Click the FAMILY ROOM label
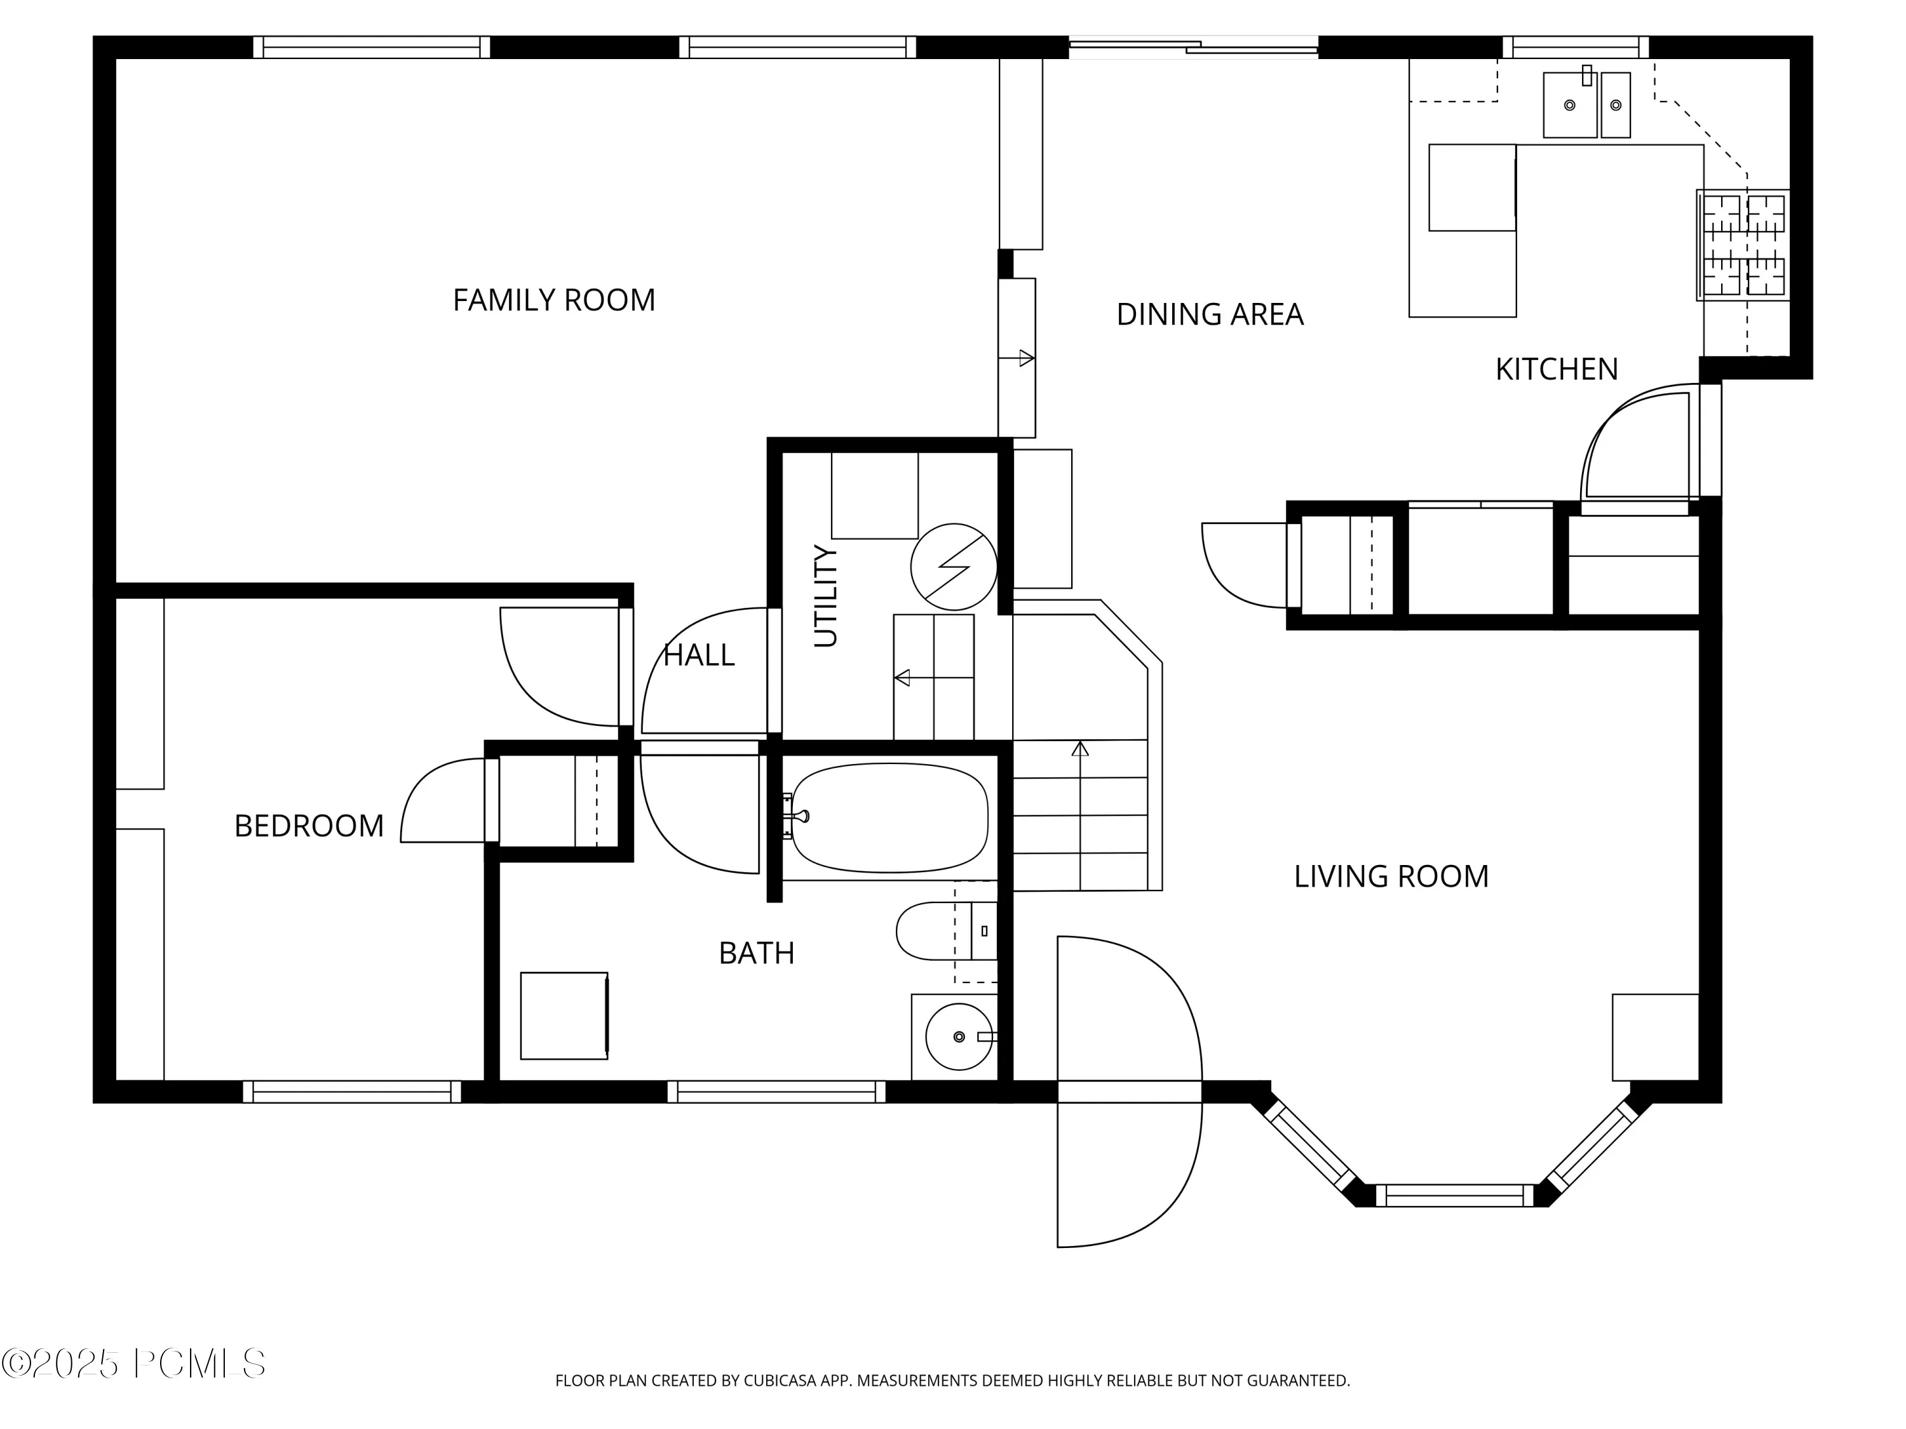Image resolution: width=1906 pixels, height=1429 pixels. point(554,300)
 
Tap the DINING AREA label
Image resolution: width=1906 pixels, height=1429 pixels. point(1210,314)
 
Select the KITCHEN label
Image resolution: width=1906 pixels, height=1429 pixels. point(1556,370)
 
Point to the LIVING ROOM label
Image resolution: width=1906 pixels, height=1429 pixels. point(1391,877)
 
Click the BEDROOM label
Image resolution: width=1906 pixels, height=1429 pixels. point(309,826)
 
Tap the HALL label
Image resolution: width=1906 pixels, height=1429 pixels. point(699,655)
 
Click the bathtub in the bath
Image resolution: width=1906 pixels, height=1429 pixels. point(889,817)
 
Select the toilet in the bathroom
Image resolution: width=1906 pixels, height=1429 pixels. point(946,931)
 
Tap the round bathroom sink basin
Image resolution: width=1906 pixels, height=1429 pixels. point(959,1037)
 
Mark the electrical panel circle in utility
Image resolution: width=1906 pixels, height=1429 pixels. point(954,567)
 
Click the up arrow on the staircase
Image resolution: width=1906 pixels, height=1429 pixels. point(1079,815)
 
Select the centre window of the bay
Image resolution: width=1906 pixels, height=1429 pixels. point(1454,1195)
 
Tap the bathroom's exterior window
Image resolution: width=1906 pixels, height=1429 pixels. point(776,1092)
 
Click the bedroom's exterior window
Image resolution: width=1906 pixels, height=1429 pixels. point(351,1092)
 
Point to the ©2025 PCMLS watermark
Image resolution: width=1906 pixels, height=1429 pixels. point(133,1364)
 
